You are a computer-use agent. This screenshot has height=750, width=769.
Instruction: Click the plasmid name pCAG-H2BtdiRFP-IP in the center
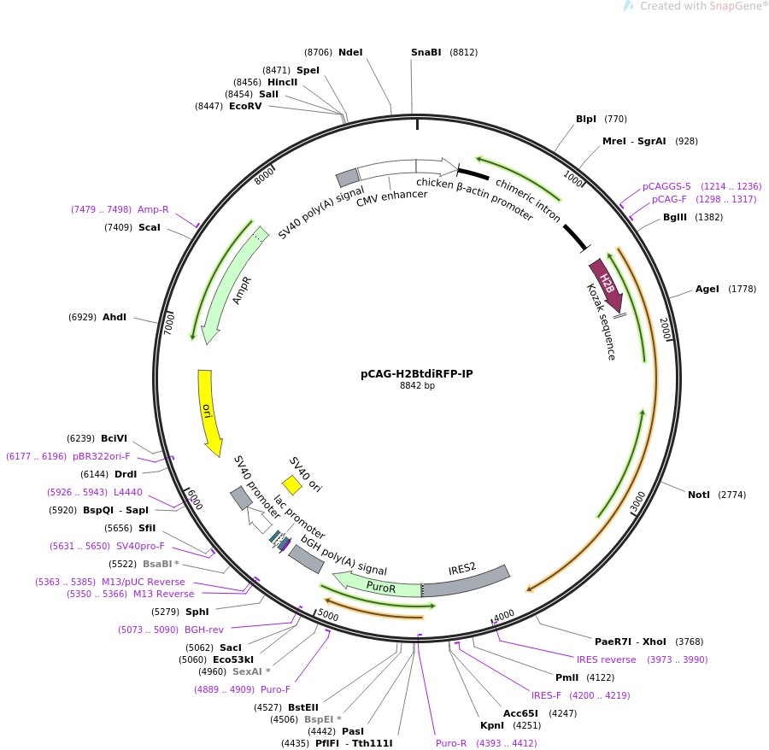[417, 373]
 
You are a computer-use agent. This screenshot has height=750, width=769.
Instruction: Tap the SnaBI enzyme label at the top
[426, 52]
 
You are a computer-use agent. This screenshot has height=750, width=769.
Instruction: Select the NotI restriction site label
[698, 495]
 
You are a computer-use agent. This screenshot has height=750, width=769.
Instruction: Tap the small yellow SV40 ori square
[292, 485]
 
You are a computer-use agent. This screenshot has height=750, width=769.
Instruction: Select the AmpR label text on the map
[242, 290]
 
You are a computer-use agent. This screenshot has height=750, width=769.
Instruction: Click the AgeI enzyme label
[707, 289]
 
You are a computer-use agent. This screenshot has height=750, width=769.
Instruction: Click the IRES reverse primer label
[606, 659]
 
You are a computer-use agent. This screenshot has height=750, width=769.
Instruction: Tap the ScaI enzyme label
[150, 227]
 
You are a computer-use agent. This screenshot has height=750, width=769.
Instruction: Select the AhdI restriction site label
[114, 317]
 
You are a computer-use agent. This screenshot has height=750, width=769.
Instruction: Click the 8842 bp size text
[417, 386]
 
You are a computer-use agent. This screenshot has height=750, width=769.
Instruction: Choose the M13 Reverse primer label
[163, 594]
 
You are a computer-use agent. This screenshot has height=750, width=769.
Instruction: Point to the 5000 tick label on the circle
[328, 614]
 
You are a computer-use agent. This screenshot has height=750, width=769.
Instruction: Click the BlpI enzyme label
[586, 119]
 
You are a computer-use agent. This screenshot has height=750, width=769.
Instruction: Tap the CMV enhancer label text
[391, 195]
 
